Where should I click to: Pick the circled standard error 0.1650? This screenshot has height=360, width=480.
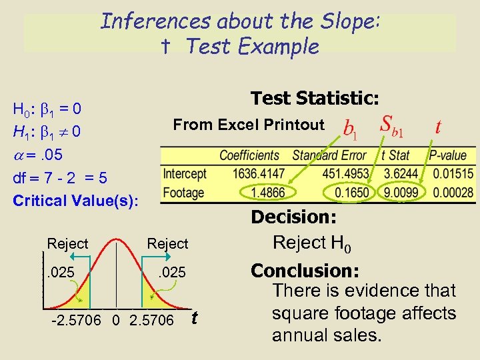[x=352, y=193]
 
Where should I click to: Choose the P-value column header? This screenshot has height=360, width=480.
[x=448, y=155]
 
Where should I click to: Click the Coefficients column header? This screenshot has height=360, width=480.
[x=250, y=155]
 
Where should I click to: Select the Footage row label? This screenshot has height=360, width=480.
[x=184, y=193]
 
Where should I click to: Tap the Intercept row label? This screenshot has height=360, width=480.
[x=185, y=174]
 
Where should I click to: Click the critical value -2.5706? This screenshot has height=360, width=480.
[x=75, y=321]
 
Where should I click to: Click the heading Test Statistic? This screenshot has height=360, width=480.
[x=315, y=99]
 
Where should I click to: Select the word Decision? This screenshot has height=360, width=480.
[x=293, y=217]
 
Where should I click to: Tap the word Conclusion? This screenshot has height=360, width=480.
[x=305, y=271]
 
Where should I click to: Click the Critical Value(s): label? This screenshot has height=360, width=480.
[x=76, y=200]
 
